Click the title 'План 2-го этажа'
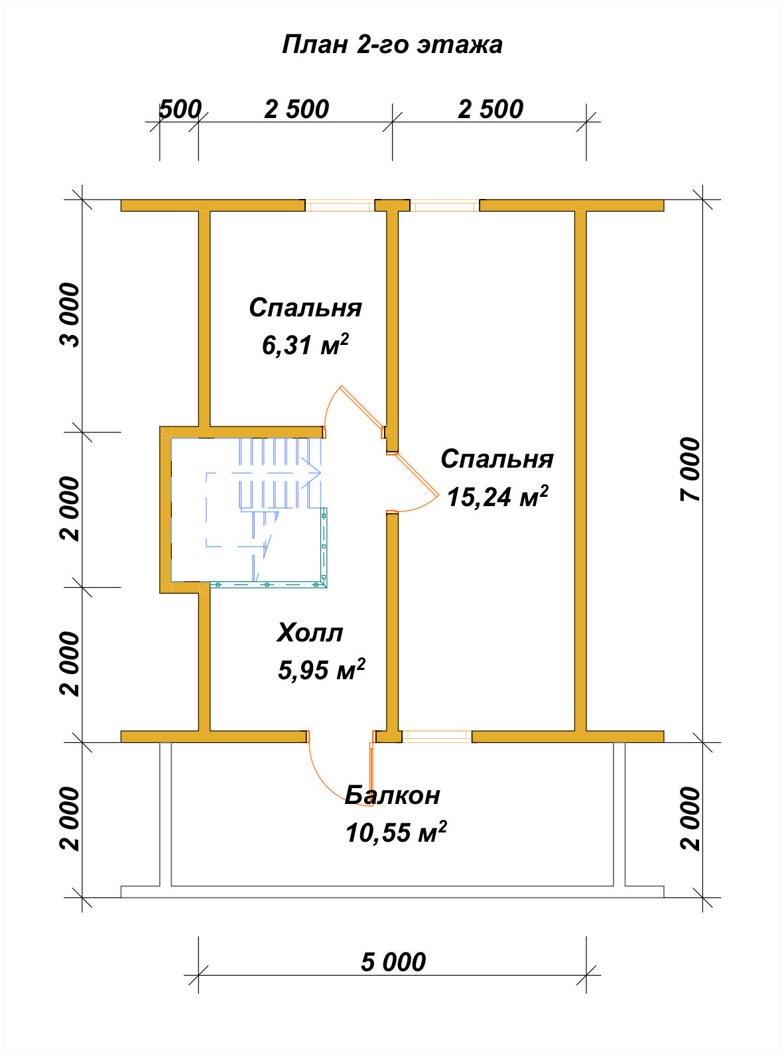(392, 45)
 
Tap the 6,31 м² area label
(305, 344)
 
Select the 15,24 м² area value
(497, 497)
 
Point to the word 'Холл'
(310, 633)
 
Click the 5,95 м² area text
(321, 670)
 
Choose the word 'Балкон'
(392, 795)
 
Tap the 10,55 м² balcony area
(396, 832)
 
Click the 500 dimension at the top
(180, 109)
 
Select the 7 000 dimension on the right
(690, 470)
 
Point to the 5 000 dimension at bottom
(393, 962)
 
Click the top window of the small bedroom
(340, 206)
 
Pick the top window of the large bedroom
(444, 206)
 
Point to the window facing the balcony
(436, 736)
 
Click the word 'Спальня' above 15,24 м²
(497, 459)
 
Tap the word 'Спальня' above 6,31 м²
(305, 308)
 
